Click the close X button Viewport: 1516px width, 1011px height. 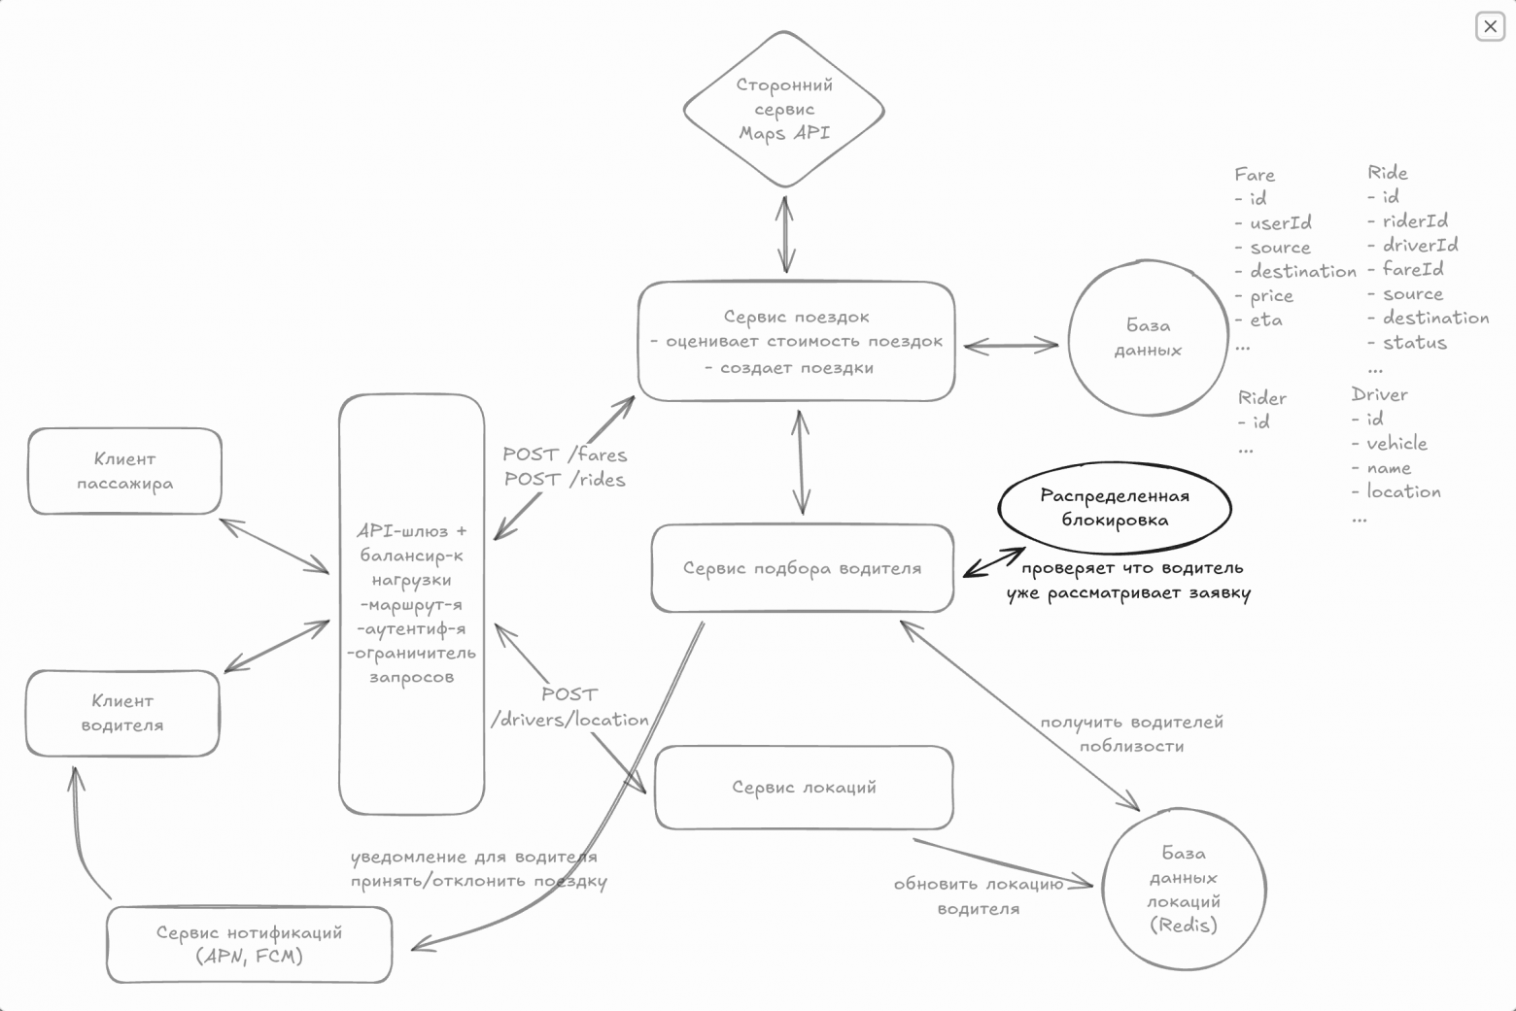click(x=1490, y=27)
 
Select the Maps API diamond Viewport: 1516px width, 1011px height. click(x=783, y=109)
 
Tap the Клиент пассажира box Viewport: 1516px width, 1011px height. click(x=124, y=471)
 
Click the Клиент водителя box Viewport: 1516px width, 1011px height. click(x=122, y=713)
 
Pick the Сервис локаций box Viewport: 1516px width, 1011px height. click(x=804, y=788)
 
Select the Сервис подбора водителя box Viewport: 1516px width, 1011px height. click(x=803, y=568)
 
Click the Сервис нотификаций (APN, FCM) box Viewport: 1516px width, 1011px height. click(x=249, y=944)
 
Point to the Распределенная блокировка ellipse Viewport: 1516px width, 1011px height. click(x=1115, y=507)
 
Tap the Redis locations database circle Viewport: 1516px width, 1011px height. click(x=1184, y=889)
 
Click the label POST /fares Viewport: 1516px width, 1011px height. click(x=566, y=455)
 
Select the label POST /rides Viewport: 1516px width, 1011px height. click(x=566, y=480)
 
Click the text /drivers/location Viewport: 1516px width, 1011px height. click(x=569, y=720)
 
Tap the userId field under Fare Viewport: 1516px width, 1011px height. click(x=1264, y=222)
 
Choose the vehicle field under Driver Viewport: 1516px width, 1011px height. click(x=1390, y=444)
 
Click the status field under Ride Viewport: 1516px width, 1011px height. click(x=1408, y=343)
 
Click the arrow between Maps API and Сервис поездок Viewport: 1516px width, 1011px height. click(x=785, y=235)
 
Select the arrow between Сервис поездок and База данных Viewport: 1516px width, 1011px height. click(x=1011, y=346)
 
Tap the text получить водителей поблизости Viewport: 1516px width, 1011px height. click(x=1131, y=734)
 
